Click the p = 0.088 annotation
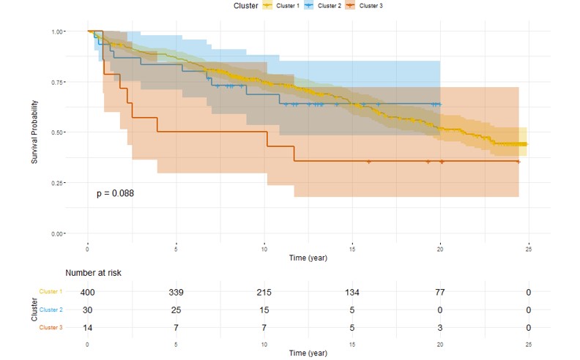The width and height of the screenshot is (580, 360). (x=115, y=193)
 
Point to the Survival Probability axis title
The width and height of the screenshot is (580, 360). (x=34, y=132)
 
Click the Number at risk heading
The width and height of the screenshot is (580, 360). (x=93, y=273)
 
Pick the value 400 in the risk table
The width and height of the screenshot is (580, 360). (x=88, y=292)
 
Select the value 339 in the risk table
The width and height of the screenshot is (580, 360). (x=176, y=292)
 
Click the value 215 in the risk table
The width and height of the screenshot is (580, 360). (x=264, y=292)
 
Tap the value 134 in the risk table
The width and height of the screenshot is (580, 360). (x=352, y=292)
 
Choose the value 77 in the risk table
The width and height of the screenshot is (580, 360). (x=441, y=292)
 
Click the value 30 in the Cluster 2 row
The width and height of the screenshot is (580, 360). (x=88, y=310)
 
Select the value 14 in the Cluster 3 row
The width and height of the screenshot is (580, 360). (x=88, y=327)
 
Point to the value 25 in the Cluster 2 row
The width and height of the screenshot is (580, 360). (x=176, y=310)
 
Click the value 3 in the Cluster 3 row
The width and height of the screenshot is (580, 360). (x=441, y=327)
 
